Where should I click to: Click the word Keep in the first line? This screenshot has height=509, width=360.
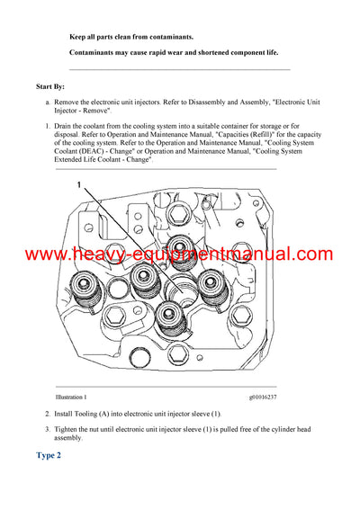point(78,37)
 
